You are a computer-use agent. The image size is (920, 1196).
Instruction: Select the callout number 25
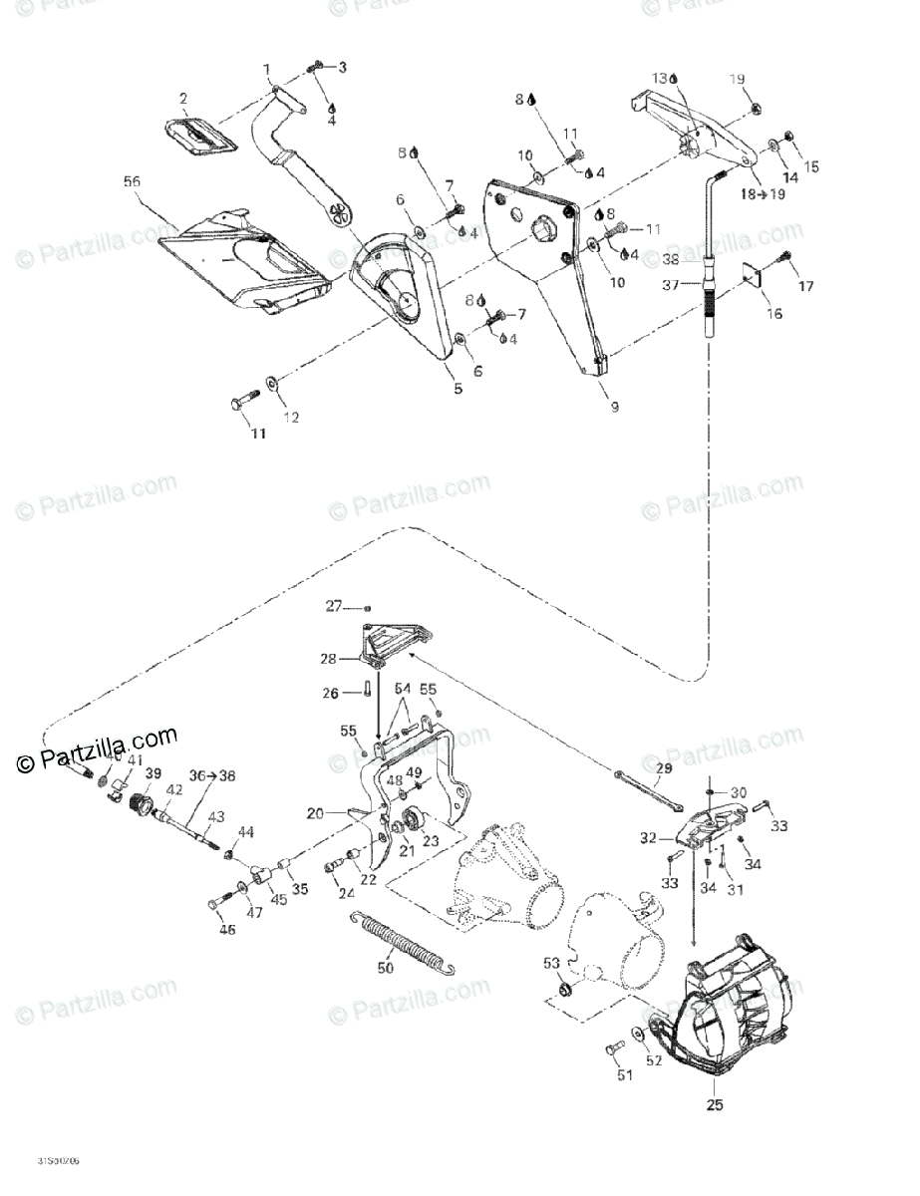pyautogui.click(x=716, y=1104)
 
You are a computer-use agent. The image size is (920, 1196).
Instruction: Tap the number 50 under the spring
pyautogui.click(x=386, y=967)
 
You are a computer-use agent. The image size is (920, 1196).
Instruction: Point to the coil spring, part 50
pyautogui.click(x=405, y=943)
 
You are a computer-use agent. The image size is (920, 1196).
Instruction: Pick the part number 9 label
pyautogui.click(x=614, y=407)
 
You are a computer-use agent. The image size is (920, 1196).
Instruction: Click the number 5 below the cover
pyautogui.click(x=458, y=390)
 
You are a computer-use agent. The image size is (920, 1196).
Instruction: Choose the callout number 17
pyautogui.click(x=805, y=287)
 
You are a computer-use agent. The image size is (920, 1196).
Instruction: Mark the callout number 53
pyautogui.click(x=550, y=962)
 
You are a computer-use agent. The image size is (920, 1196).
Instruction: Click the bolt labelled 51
pyautogui.click(x=611, y=1048)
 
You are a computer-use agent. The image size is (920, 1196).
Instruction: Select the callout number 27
pyautogui.click(x=334, y=605)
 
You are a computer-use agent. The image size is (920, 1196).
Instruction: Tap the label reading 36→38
pyautogui.click(x=200, y=774)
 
